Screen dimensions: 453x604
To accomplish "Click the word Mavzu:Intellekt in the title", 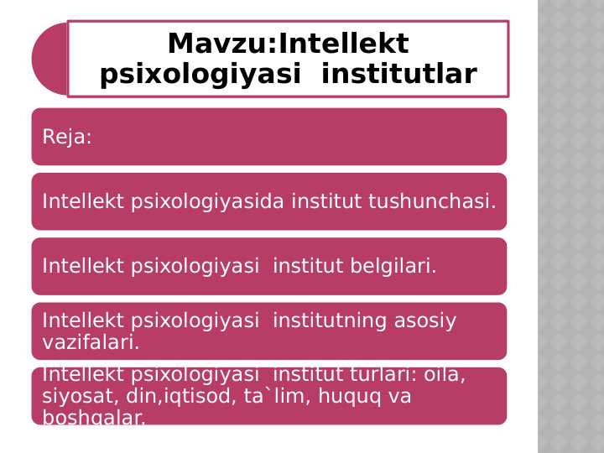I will (x=288, y=44).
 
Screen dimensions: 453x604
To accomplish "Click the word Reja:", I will (x=67, y=137).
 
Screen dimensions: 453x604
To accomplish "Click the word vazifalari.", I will (x=91, y=342).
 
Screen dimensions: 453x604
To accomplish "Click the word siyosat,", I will (x=76, y=396).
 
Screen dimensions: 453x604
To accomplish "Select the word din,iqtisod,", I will (x=170, y=396).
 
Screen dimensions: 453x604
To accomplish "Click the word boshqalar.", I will (x=94, y=417).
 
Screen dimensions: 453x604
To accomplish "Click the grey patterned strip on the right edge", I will (x=570, y=226).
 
